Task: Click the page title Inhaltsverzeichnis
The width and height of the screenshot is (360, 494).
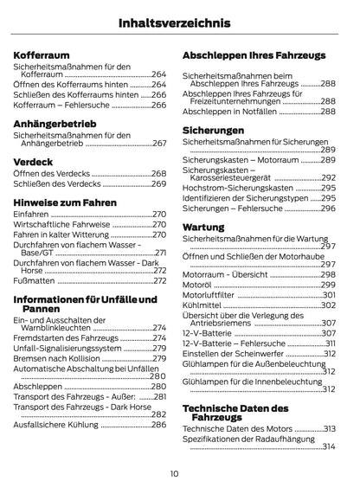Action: point(180,20)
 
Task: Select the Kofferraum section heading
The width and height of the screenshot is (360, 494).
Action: point(44,52)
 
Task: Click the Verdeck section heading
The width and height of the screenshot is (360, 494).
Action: point(35,161)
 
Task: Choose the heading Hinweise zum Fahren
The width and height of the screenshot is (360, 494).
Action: point(66,200)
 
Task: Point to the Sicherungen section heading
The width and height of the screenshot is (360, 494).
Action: point(213,131)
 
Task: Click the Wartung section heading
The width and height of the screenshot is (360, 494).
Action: point(203,227)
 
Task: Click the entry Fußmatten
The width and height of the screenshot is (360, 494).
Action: point(35,280)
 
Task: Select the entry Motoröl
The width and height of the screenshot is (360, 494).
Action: point(198,284)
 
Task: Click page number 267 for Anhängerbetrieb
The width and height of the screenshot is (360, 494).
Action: point(159,144)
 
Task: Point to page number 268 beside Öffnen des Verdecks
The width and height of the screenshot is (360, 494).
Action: point(159,174)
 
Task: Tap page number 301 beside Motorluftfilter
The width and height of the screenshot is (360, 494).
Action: point(329,294)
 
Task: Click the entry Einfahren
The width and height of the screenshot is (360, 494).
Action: point(31,214)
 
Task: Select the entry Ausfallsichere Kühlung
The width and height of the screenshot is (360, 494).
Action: point(55,426)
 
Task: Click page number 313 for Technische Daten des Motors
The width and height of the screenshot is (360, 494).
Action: point(329,428)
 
